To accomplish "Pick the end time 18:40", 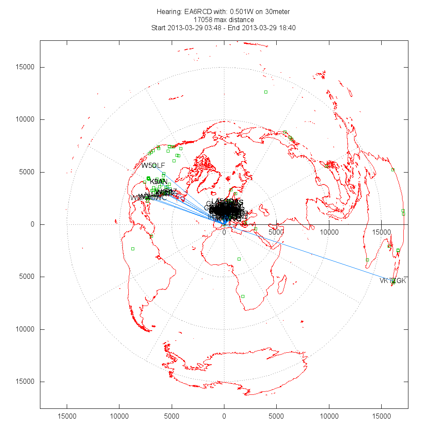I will click(288, 28).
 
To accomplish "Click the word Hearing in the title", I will click(169, 11).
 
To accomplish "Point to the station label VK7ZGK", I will click(393, 281).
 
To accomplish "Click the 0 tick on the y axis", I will click(32, 224).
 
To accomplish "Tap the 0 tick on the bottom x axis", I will click(224, 414).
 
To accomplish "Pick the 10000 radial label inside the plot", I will click(329, 232).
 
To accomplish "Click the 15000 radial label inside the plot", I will click(381, 232).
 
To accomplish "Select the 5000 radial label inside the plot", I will click(276, 232).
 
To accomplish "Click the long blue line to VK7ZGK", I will click(310, 252).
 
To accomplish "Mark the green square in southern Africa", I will click(243, 296).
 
